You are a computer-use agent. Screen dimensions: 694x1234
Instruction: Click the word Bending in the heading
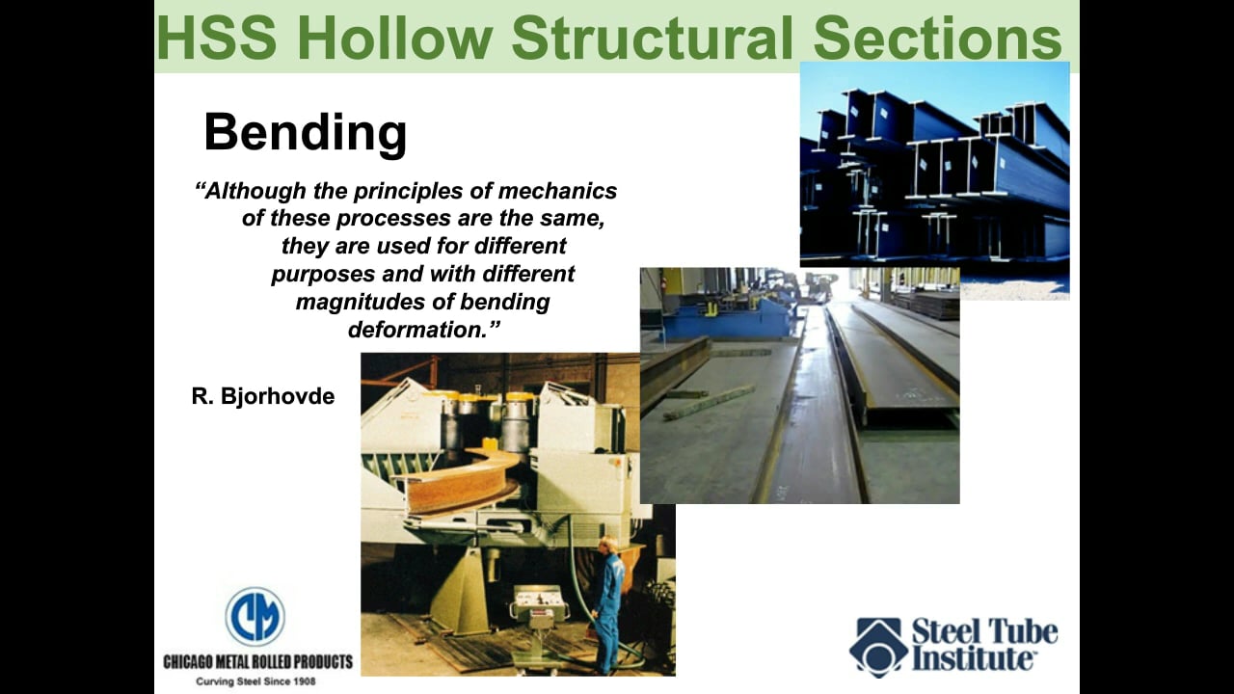coord(305,132)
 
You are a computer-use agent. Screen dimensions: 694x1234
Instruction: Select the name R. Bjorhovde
coord(263,396)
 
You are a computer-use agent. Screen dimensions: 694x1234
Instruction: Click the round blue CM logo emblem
coord(255,617)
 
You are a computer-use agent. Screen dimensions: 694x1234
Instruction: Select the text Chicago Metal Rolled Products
coord(257,662)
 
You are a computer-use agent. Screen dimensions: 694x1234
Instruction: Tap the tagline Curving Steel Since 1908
coord(257,681)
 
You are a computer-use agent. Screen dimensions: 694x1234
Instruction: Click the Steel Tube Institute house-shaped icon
coord(877,647)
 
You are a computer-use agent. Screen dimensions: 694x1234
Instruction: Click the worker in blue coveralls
coord(608,602)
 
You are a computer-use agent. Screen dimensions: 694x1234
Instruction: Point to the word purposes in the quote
coord(328,274)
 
